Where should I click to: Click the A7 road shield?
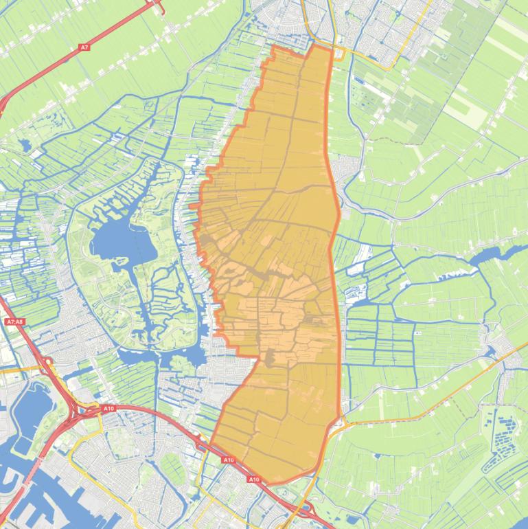click(x=84, y=47)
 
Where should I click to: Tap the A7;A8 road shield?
click(x=14, y=322)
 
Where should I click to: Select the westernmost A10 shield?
click(x=108, y=409)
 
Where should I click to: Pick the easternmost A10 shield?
click(x=254, y=479)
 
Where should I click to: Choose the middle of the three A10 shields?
click(x=229, y=460)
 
